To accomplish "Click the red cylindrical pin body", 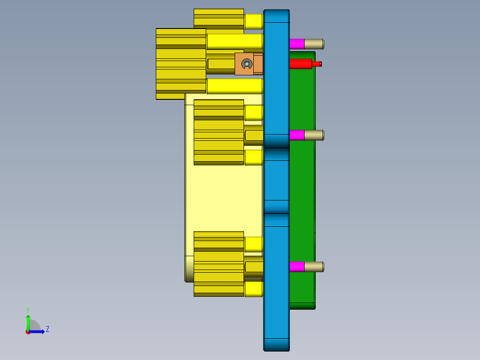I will click(x=301, y=64).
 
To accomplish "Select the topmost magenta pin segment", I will click(x=297, y=44).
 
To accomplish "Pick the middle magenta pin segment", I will click(x=297, y=135).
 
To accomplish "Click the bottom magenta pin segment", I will click(x=297, y=267).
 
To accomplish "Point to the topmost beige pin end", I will click(x=314, y=44).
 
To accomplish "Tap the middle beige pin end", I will click(x=314, y=135).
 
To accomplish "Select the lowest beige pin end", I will click(x=314, y=267).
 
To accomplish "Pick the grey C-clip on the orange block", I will click(x=246, y=64).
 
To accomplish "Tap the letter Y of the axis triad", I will click(x=28, y=309).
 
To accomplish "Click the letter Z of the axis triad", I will click(x=47, y=329).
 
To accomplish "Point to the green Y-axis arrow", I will click(x=28, y=322).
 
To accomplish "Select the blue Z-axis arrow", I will click(x=38, y=331).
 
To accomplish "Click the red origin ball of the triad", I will click(x=28, y=332).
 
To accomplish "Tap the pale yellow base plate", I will click(x=223, y=196).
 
